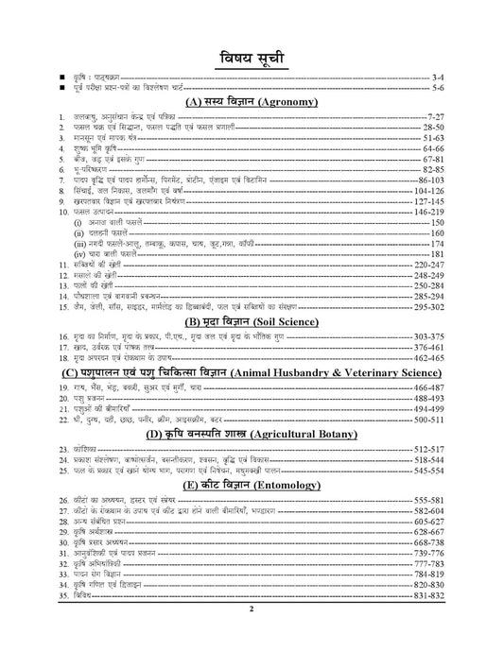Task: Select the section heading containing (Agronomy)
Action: pos(252,100)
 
